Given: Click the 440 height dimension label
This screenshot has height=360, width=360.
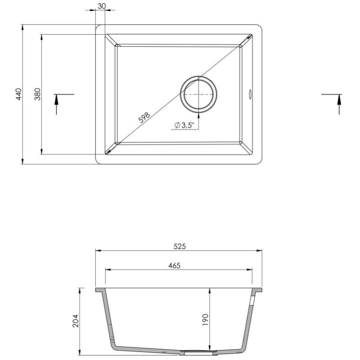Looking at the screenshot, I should (x=18, y=94).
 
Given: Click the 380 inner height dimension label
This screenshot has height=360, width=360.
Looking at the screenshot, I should (x=38, y=94).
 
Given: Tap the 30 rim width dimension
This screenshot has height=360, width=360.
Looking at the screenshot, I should (x=101, y=6).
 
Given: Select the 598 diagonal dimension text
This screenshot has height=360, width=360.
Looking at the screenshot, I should (x=144, y=117).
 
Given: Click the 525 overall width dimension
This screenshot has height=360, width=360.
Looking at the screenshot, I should (x=179, y=246).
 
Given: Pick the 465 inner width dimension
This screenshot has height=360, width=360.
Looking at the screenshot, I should (x=174, y=265).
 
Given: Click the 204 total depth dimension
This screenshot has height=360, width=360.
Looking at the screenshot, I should (x=76, y=320).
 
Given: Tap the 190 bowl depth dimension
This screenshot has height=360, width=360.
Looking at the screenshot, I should (x=205, y=320).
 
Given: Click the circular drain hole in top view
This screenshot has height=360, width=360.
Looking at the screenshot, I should (x=199, y=94).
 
